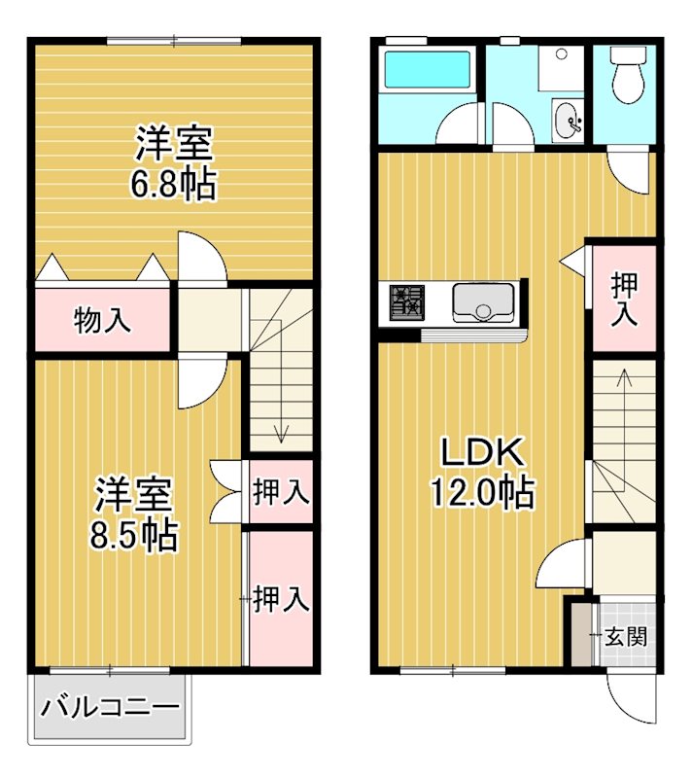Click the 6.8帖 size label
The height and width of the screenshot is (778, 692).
click(174, 184)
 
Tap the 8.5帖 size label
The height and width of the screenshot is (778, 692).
click(135, 534)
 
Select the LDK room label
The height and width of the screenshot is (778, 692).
click(483, 452)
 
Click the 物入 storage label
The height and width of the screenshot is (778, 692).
click(102, 321)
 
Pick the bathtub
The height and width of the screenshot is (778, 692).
click(428, 70)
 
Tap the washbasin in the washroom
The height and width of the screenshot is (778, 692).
click(567, 121)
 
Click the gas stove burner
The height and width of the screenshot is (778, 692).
click(407, 301)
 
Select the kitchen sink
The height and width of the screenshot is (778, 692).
click(484, 301)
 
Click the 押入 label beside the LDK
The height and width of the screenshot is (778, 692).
click(624, 300)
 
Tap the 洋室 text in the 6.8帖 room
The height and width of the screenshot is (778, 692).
click(174, 146)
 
